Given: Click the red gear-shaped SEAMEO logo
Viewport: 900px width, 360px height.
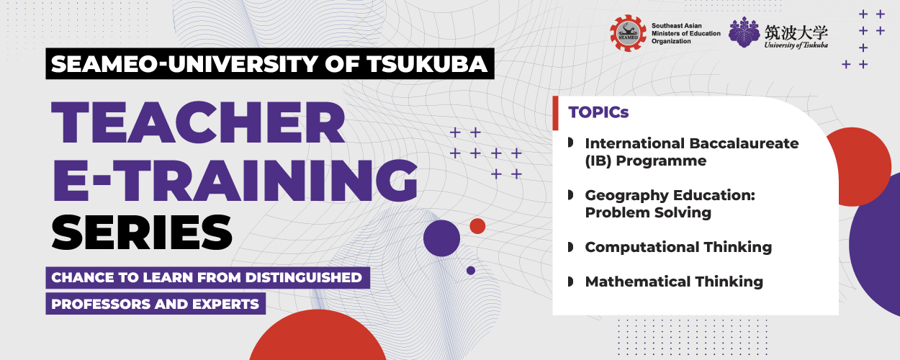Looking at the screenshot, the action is click(629, 33).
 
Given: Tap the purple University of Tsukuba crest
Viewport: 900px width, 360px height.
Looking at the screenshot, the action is click(744, 32).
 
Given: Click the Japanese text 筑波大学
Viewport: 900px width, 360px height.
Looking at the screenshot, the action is click(796, 32).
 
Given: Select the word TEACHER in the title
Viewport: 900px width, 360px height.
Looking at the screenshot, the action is click(198, 122).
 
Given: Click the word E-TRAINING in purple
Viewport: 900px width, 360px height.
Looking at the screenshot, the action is click(235, 181).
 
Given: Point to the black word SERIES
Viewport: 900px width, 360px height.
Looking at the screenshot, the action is click(142, 232).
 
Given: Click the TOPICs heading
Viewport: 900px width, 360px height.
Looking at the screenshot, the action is click(598, 112).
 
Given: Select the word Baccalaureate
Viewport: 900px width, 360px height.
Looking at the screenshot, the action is click(744, 143).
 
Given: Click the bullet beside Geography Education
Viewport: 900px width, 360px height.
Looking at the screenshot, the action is click(570, 195).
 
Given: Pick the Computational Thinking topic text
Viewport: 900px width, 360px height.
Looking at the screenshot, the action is click(678, 247).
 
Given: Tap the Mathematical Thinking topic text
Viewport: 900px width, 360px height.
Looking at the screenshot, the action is click(674, 282).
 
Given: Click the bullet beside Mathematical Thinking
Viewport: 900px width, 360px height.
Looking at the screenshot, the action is click(570, 282).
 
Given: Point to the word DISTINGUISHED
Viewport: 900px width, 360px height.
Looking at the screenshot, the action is click(304, 277).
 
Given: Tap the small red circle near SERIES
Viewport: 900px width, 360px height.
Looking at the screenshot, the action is click(477, 226).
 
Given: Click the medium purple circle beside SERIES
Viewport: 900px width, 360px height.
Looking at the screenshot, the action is click(441, 238).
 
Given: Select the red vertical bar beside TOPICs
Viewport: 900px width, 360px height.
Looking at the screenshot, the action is click(555, 113).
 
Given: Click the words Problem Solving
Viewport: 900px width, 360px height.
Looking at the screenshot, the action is click(648, 212).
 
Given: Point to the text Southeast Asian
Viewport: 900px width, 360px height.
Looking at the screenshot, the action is click(677, 26).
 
